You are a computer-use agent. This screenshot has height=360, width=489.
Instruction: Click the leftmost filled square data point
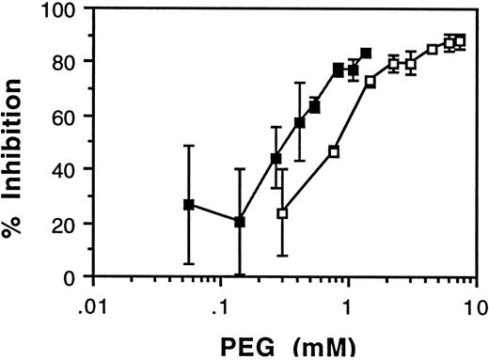click(x=189, y=205)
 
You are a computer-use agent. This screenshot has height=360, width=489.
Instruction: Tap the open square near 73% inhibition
click(x=370, y=82)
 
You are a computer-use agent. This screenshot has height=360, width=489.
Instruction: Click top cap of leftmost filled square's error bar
click(x=189, y=146)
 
